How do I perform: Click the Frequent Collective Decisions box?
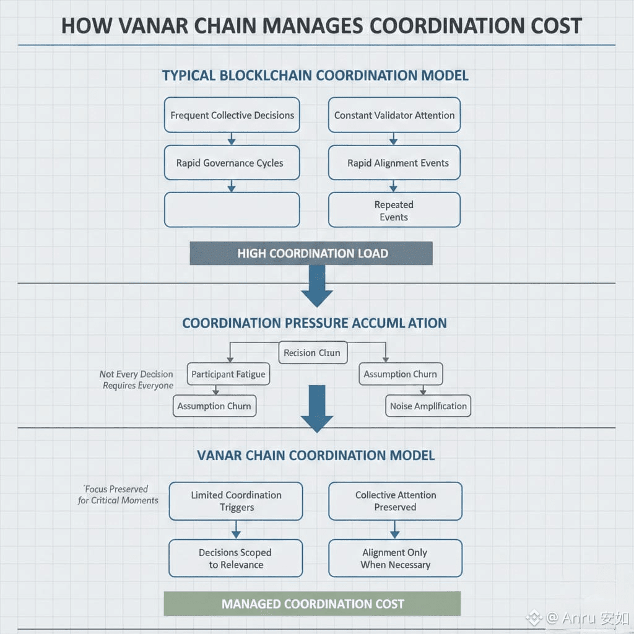coord(232,115)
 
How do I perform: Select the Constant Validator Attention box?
coord(394,115)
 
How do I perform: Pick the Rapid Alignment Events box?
coord(394,163)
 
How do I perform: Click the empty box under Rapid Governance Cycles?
coord(232,210)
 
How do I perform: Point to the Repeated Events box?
coord(394,211)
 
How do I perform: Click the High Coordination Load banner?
coord(311,253)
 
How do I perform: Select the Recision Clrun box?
coord(312,353)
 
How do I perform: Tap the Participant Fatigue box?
coord(228,374)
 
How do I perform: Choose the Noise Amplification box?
coord(428,406)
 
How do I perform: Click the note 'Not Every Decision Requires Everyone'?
coord(137,380)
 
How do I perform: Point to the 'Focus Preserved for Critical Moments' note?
coord(118,495)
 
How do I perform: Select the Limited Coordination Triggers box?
coord(236,501)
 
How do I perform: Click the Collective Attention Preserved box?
coord(395,501)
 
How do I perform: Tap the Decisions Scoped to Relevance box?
coord(236,558)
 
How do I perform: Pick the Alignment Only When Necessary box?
coord(395,558)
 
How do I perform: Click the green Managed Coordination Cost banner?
coord(312,604)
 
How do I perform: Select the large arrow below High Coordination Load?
coord(317,286)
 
